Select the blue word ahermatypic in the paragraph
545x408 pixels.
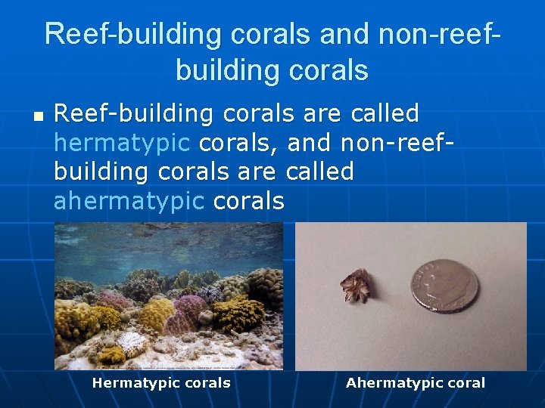129,201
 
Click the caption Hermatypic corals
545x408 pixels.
161,383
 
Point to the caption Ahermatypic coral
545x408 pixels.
415,383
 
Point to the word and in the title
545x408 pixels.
345,35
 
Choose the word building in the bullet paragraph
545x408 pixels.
102,172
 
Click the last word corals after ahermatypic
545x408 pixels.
249,201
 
